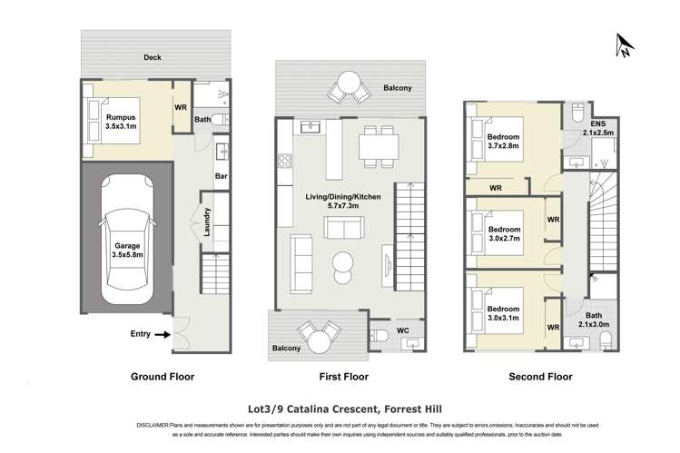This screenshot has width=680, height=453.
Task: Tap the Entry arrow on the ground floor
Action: [161, 335]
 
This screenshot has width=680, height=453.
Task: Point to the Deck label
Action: [153, 58]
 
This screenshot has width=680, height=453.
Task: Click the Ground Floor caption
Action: [163, 376]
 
